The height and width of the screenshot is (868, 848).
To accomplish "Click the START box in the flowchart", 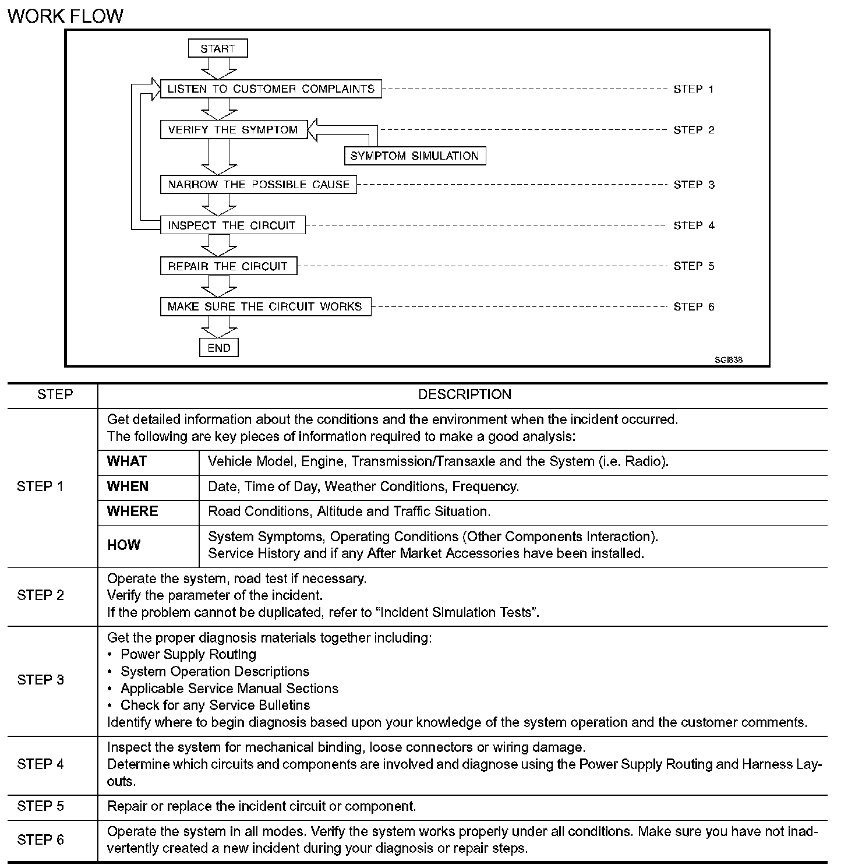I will (x=218, y=48).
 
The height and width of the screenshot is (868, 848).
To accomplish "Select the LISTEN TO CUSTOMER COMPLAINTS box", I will (x=271, y=89).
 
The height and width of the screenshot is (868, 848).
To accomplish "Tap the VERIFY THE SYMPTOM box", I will (x=232, y=130).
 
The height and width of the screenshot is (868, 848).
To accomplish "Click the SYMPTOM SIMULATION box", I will (x=415, y=156).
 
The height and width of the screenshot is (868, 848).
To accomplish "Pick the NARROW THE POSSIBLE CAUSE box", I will (x=259, y=185).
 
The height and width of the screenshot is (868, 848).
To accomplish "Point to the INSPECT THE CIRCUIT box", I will (x=232, y=225).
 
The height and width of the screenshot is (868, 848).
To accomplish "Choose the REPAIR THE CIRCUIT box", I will (x=228, y=266).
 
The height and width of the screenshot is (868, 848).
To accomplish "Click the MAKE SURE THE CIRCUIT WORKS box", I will (x=265, y=307).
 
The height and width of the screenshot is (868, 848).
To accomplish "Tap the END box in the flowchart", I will (x=219, y=348).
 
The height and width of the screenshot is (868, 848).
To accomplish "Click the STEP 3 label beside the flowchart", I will (x=694, y=185).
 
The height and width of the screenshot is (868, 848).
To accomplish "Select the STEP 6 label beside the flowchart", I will (x=694, y=307).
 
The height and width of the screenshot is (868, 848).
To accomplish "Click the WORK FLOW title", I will (x=65, y=16).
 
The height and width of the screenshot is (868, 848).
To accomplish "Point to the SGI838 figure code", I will (x=729, y=360).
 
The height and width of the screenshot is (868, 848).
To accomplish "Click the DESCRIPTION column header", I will (x=464, y=394).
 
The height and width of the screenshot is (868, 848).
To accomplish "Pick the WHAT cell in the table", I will (x=127, y=461).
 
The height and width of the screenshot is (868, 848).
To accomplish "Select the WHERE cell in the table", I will (x=133, y=511).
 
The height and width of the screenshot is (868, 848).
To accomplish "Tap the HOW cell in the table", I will (x=123, y=545).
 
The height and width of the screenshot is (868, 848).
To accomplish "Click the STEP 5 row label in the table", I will (x=40, y=806).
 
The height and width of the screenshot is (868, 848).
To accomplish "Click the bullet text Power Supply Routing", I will (x=188, y=655).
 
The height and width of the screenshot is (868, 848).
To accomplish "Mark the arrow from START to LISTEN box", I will (x=218, y=68).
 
